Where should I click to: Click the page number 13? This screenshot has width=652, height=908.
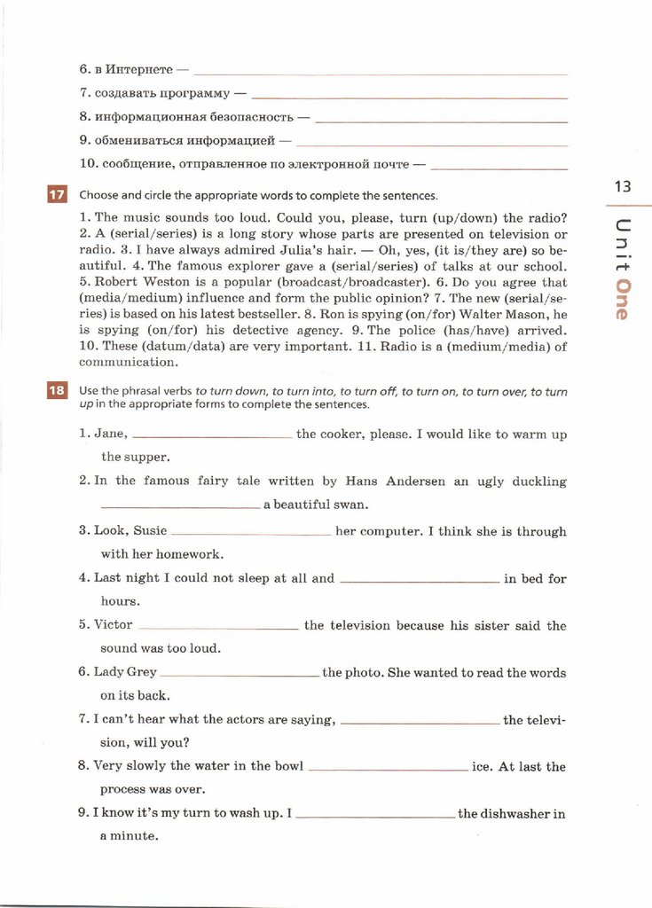pyautogui.click(x=621, y=186)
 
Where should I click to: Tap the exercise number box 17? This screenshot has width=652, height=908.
pyautogui.click(x=56, y=195)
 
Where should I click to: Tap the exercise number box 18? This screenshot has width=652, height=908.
pyautogui.click(x=56, y=391)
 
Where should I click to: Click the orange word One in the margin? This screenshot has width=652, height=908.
pyautogui.click(x=623, y=299)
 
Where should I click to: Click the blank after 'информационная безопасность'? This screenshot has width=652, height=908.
pyautogui.click(x=441, y=119)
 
